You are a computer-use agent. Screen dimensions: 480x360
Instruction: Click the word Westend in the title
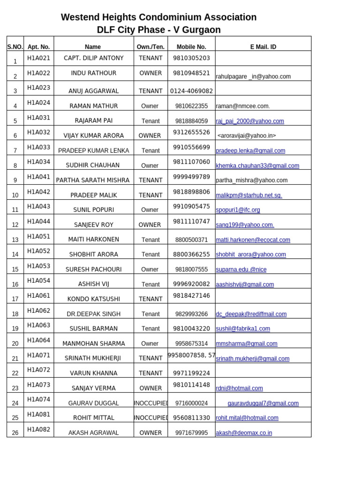tap(81, 17)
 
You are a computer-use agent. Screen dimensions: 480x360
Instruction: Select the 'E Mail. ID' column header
tap(263, 47)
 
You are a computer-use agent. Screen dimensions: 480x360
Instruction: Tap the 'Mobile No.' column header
tap(191, 47)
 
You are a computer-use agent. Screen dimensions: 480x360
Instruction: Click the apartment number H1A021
tap(38, 58)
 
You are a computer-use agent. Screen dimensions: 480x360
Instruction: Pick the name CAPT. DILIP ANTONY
tap(94, 58)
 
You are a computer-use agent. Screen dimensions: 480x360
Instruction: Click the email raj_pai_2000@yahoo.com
tap(250, 121)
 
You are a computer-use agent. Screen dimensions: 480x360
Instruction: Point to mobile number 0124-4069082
tap(191, 91)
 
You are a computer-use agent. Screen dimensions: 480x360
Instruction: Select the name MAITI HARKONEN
tap(94, 240)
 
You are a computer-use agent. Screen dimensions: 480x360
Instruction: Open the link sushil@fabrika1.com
tap(243, 329)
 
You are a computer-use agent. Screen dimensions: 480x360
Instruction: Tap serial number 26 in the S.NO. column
tap(15, 433)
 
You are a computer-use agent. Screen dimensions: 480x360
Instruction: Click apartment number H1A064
tap(38, 340)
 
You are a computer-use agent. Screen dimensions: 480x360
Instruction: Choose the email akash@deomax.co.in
tap(244, 433)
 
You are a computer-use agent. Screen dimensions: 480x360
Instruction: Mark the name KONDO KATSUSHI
tap(94, 299)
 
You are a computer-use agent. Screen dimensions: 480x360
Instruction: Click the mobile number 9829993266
tap(191, 314)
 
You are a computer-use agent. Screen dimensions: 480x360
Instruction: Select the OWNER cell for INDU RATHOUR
tap(150, 73)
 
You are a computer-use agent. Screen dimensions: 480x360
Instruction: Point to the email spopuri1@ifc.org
tap(238, 210)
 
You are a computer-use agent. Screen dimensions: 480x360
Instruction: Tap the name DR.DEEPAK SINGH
tap(94, 314)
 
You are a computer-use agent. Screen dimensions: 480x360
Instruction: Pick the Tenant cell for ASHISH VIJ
tap(150, 285)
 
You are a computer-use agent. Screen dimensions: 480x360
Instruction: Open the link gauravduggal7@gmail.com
tap(263, 403)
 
